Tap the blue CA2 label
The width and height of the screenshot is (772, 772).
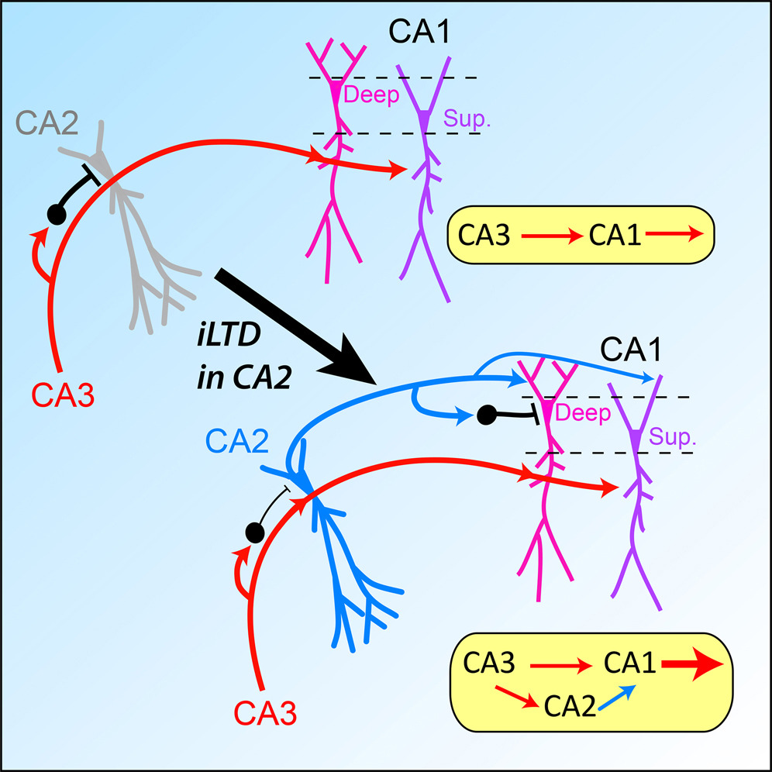tap(237, 443)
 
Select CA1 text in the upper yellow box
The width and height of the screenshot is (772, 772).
tap(616, 235)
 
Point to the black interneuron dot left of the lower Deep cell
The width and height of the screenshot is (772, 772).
tap(485, 415)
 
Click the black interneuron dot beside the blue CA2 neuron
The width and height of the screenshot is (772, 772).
tap(253, 532)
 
